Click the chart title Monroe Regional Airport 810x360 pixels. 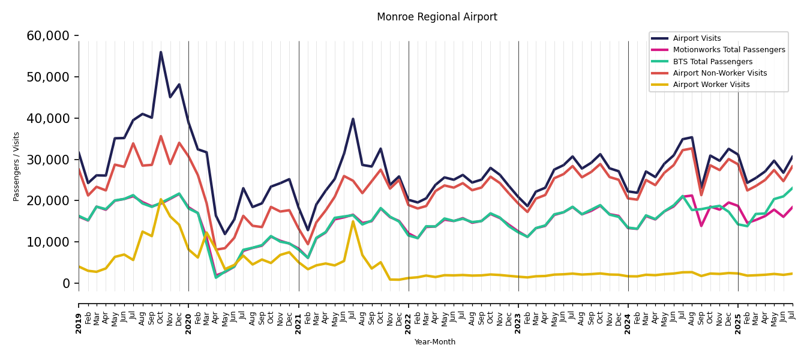coord(437,17)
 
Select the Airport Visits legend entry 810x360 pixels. coord(697,38)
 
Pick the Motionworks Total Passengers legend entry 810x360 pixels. coord(728,50)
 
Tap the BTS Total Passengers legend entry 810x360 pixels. coord(712,62)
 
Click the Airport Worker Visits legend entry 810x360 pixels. coord(711,85)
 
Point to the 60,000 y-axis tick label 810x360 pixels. coord(48,36)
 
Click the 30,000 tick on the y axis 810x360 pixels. coord(48,160)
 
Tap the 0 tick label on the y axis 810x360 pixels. coord(67,283)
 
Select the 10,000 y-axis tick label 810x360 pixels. coord(48,242)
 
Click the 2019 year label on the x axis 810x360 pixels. coord(79,315)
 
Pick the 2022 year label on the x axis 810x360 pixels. coord(409,315)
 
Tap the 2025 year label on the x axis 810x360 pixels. coord(738,315)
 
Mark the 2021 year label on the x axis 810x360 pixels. coord(299,315)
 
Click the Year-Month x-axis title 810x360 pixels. coord(435,342)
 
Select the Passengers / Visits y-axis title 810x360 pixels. coord(17,166)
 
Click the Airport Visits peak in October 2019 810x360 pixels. coord(161,52)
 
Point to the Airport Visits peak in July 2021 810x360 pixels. coord(353,119)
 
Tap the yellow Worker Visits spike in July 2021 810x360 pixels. coord(353,221)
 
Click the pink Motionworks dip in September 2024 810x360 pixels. coord(701,226)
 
